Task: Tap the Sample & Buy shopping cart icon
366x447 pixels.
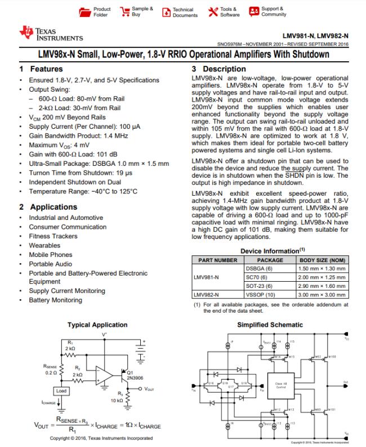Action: coord(123,11)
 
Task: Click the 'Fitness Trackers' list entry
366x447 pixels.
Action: coord(53,236)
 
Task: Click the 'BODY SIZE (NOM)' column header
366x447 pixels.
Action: coord(322,260)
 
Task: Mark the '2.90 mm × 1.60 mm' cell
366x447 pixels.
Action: coord(322,286)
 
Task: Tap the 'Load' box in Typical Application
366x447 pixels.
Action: coord(61,390)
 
